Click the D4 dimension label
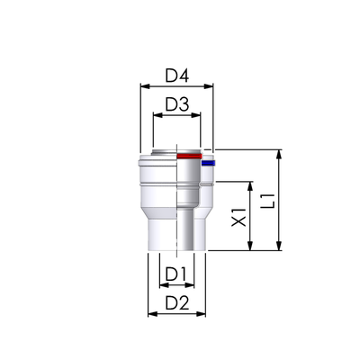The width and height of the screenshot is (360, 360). click(177, 76)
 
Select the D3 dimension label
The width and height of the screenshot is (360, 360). click(177, 104)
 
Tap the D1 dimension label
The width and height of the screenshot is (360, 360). click(176, 274)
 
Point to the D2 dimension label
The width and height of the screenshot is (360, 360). click(177, 303)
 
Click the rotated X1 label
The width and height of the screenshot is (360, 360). click(239, 217)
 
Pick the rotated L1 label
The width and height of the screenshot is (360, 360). click(268, 202)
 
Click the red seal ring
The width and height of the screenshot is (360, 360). click(189, 157)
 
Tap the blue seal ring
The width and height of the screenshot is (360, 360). click(208, 163)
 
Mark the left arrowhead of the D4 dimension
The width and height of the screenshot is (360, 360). click(145, 86)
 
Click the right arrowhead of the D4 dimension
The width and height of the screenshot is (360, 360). click(209, 86)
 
